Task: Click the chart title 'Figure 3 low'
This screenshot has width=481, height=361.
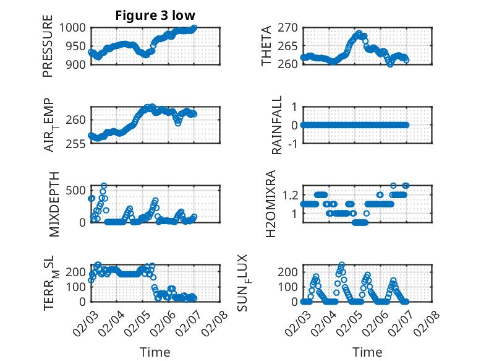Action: pyautogui.click(x=155, y=15)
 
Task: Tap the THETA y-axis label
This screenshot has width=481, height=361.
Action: pyautogui.click(x=266, y=46)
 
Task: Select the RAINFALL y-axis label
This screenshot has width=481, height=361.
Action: pyautogui.click(x=278, y=124)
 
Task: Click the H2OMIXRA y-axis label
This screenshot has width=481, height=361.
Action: pyautogui.click(x=270, y=204)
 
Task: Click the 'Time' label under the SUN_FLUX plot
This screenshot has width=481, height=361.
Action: pyautogui.click(x=367, y=352)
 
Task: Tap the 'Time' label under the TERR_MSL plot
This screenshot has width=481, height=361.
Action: pyautogui.click(x=155, y=352)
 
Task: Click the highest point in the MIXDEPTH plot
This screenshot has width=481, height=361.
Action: pyautogui.click(x=104, y=186)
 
